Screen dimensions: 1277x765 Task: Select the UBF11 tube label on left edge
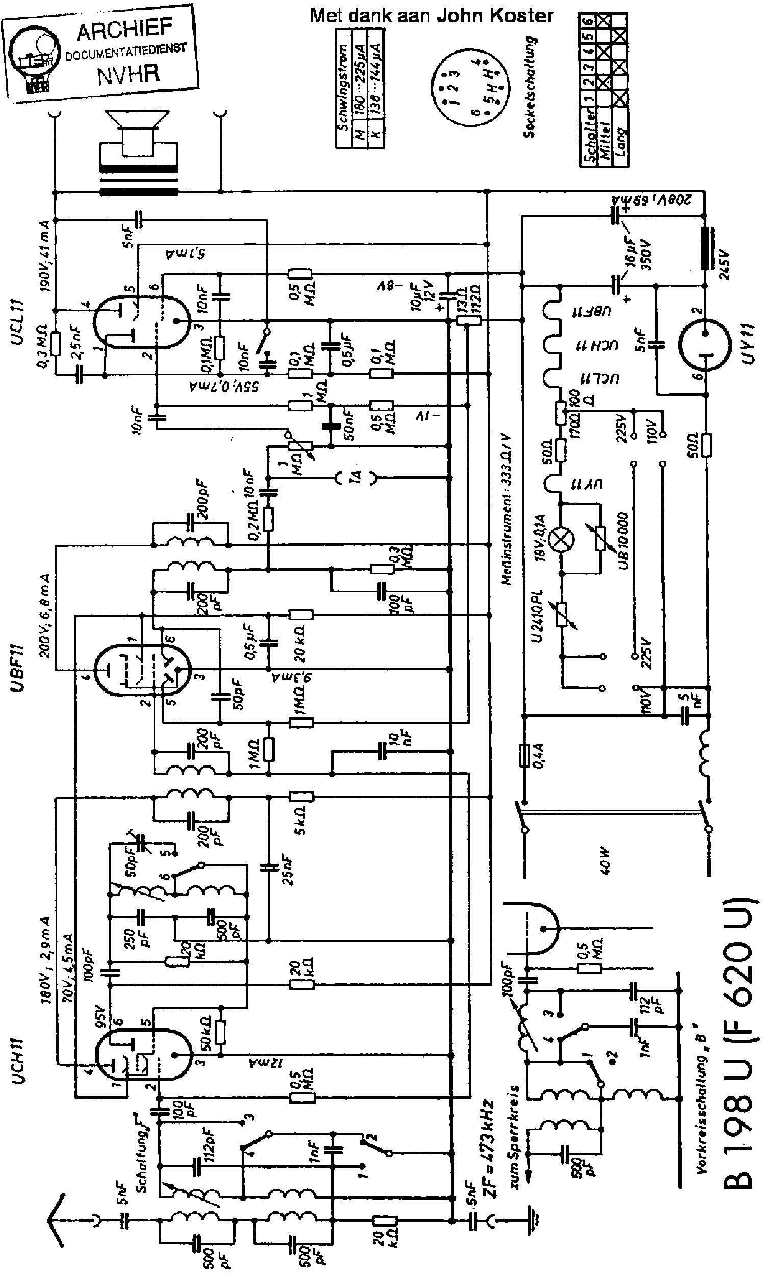[x=19, y=668]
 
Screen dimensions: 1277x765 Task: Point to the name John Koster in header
[x=495, y=15]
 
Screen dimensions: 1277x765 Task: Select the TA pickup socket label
[x=355, y=478]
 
